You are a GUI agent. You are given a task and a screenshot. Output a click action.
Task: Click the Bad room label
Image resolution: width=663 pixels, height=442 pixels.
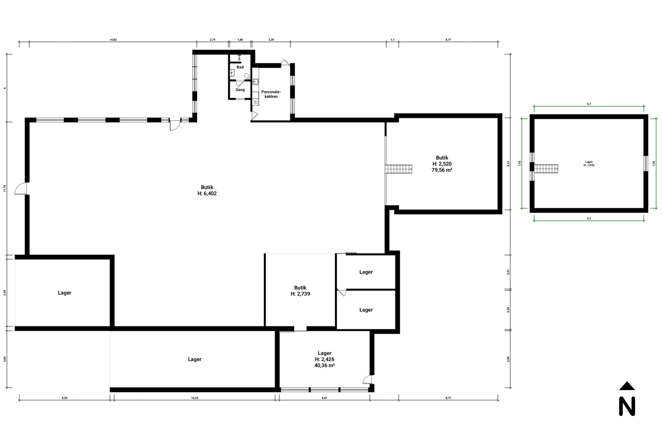240,67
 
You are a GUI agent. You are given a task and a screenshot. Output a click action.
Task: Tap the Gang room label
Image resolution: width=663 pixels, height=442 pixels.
240,90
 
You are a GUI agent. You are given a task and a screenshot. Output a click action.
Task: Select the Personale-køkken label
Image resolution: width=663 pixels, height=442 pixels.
271,94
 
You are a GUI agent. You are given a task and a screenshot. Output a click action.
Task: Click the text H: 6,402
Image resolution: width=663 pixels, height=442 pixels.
207,193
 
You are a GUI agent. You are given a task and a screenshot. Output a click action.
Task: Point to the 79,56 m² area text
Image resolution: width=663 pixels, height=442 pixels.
442,170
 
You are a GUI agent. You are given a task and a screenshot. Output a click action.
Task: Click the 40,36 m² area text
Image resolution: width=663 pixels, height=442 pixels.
324,365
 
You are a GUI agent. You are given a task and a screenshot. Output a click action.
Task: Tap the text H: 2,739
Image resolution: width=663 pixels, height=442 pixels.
300,294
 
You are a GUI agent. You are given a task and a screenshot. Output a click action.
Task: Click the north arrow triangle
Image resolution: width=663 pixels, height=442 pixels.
627,386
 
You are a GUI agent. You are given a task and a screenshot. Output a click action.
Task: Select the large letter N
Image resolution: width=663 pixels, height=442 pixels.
627,406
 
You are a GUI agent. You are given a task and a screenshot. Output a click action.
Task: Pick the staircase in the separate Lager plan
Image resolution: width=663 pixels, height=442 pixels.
546,169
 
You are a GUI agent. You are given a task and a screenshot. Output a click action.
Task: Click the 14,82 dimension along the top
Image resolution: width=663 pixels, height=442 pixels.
113,40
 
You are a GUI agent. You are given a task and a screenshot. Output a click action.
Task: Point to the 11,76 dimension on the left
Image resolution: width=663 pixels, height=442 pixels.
5,188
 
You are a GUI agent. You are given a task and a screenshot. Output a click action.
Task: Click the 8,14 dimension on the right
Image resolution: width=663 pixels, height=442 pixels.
508,164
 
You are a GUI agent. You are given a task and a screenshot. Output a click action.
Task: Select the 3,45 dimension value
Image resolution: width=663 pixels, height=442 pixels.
508,310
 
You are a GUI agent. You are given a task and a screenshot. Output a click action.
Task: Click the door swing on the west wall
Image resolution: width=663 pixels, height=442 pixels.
20,188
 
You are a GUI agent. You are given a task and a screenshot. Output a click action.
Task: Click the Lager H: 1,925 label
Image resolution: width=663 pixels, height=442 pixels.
589,163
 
